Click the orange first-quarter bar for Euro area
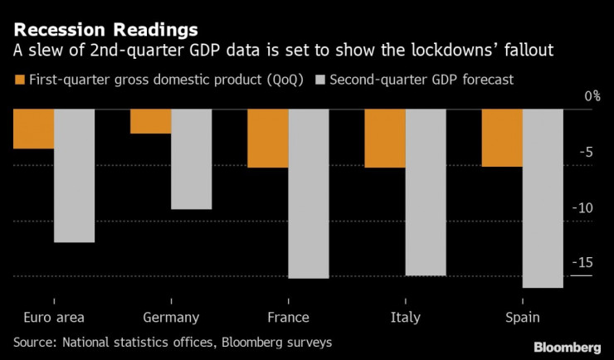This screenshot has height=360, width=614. pos(33,129)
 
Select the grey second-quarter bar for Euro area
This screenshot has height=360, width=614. pos(75,176)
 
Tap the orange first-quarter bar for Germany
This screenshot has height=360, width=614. pos(150,122)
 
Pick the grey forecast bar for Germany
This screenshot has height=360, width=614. pos(192,159)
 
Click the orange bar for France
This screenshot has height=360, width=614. pos(267,139)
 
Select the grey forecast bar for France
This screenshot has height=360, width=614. pos(309,194)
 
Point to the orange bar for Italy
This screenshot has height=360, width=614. pos(385,139)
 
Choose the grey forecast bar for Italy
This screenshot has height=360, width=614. pos(426,192)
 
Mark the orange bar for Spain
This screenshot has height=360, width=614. pos(502,139)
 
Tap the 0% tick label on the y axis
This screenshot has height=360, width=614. pos(592,96)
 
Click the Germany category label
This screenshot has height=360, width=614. pos(171,318)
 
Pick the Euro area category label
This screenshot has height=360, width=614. pos(54,318)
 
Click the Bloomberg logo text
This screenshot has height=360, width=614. pos(567,346)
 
